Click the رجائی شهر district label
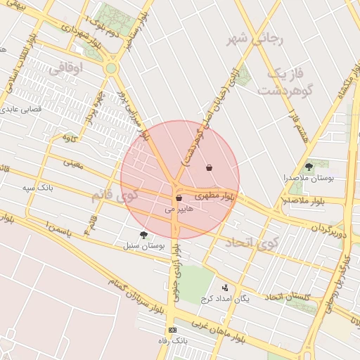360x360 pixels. pyautogui.click(x=255, y=39)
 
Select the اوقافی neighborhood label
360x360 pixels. pyautogui.click(x=67, y=68)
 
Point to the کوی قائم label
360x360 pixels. pyautogui.click(x=117, y=193)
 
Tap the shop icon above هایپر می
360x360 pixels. pyautogui.click(x=179, y=198)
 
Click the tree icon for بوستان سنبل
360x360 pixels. pyautogui.click(x=143, y=235)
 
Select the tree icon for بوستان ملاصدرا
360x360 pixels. pyautogui.click(x=309, y=167)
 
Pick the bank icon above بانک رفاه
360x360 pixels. pyautogui.click(x=172, y=330)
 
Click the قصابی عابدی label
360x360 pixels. pyautogui.click(x=25, y=110)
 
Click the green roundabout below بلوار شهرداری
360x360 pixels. pyautogui.click(x=111, y=68)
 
